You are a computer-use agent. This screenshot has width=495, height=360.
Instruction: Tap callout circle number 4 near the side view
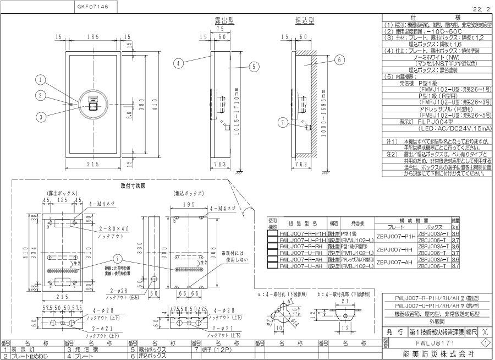tap(179, 63)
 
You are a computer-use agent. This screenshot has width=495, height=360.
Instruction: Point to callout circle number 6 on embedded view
tap(339, 59)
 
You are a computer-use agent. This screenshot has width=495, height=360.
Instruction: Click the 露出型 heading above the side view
tap(224, 20)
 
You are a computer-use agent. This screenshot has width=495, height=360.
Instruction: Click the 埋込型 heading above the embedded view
tap(305, 20)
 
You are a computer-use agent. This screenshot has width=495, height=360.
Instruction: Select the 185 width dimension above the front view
tap(92, 36)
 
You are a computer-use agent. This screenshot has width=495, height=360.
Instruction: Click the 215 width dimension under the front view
tap(92, 165)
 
